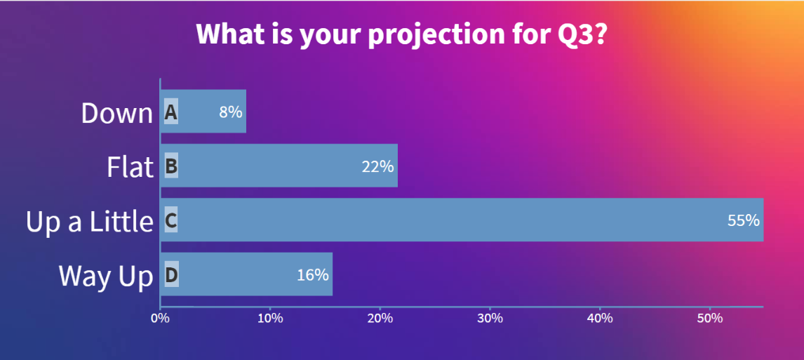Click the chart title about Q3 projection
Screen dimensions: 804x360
point(401,34)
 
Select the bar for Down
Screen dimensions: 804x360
point(203,112)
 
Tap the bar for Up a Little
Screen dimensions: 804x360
point(462,220)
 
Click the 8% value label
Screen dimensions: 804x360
point(231,112)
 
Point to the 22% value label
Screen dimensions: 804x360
point(377,166)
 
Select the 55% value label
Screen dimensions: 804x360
point(744,220)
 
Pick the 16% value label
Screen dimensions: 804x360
point(313,275)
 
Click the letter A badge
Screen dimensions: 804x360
point(171,112)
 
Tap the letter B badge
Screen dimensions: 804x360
point(171,166)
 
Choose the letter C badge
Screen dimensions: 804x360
point(171,220)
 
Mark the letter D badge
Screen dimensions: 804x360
point(171,275)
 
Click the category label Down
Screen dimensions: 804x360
point(117,113)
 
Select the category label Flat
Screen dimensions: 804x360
point(130,167)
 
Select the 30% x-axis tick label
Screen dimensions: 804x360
point(490,318)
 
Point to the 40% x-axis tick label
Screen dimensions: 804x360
point(600,318)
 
